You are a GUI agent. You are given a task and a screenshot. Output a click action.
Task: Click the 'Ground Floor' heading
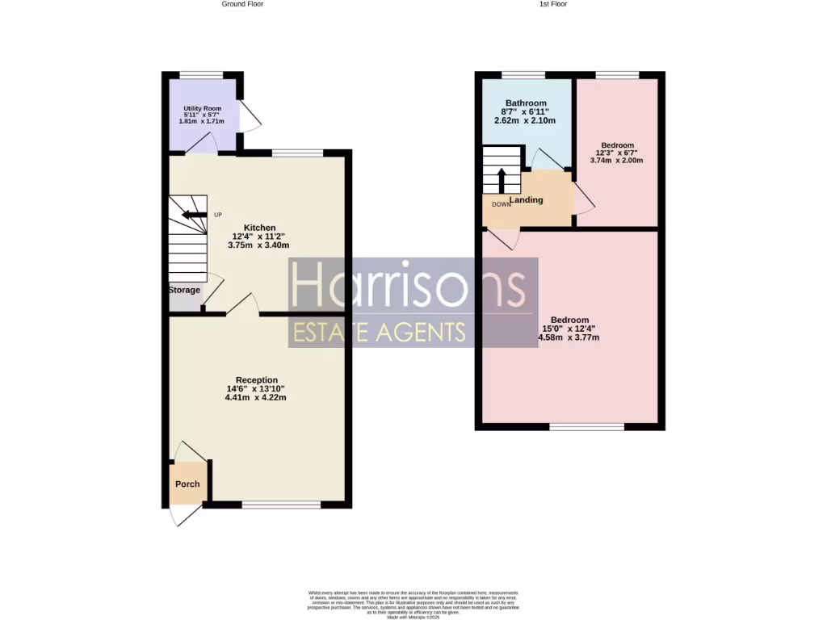pos(242,4)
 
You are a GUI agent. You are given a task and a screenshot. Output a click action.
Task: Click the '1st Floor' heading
pos(553,4)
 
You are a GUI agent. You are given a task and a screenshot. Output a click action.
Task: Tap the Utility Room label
pos(202,108)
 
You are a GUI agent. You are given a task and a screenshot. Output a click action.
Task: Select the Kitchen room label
pos(260,228)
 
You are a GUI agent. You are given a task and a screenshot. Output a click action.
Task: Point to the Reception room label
pos(257,379)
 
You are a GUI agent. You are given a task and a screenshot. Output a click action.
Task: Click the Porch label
pos(187,484)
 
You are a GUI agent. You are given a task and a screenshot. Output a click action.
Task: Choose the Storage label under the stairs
pos(184,290)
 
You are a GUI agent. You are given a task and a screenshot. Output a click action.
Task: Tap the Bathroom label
pos(526,103)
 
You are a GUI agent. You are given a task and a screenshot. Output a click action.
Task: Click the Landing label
pos(526,200)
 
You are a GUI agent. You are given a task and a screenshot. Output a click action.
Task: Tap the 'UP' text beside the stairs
pos(217,215)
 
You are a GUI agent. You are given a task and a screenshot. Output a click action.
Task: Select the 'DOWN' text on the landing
pos(502,204)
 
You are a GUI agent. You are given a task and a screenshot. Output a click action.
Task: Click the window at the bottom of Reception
pos(280,505)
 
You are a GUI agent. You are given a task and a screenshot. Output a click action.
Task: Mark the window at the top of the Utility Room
pos(201,75)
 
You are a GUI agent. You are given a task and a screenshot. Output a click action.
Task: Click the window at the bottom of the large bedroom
pos(587,426)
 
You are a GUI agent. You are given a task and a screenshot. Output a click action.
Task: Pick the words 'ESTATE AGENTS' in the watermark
pos(380,332)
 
